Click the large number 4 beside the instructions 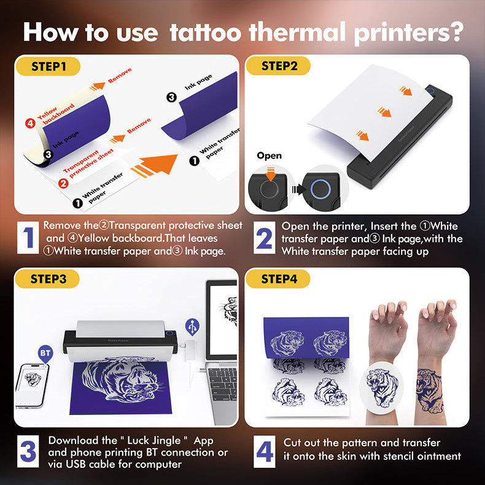(265, 452)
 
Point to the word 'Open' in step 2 (269, 155)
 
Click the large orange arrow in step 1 (156, 166)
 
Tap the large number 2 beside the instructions (265, 238)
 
